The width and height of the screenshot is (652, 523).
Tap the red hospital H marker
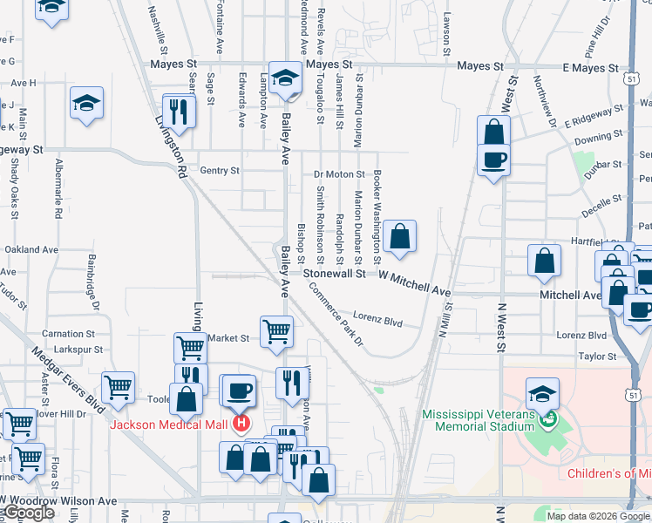click(x=241, y=425)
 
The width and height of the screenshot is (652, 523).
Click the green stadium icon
click(x=547, y=419)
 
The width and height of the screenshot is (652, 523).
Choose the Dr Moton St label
click(x=339, y=174)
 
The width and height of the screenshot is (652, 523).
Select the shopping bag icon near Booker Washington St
click(x=399, y=236)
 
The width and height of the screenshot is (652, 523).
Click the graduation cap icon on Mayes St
click(x=284, y=78)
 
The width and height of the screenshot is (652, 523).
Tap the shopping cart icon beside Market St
click(x=276, y=331)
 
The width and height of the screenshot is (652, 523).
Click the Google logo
click(x=28, y=513)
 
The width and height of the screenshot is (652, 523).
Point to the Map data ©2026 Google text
click(x=599, y=515)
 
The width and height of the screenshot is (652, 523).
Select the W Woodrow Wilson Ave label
click(x=59, y=501)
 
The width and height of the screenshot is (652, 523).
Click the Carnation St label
click(x=68, y=334)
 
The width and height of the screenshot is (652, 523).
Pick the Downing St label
click(x=599, y=137)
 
